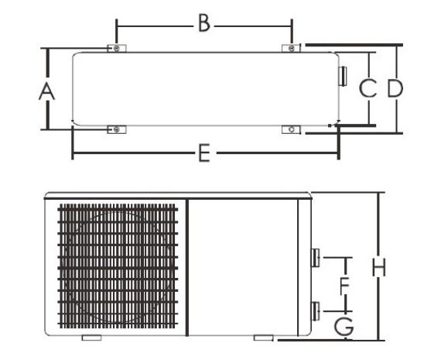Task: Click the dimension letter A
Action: tap(46, 92)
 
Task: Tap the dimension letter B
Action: tap(204, 24)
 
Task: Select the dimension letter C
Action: tap(367, 88)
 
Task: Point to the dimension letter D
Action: tap(395, 88)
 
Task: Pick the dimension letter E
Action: tap(204, 153)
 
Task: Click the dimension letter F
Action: tap(344, 286)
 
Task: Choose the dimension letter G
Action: tap(344, 327)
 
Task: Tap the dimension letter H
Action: tap(379, 268)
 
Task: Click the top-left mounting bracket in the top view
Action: tap(117, 49)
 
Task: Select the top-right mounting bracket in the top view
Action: tap(291, 49)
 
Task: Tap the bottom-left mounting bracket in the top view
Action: tap(117, 129)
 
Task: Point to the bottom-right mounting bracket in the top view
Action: tap(291, 129)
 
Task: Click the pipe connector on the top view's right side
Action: tap(343, 77)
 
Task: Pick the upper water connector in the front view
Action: tap(316, 258)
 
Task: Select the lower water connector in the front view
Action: tap(316, 310)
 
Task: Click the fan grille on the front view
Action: tap(118, 266)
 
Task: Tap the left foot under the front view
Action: tap(92, 338)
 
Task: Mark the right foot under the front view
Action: tap(264, 338)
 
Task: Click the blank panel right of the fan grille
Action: tap(243, 267)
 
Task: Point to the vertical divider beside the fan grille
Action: tap(187, 267)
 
